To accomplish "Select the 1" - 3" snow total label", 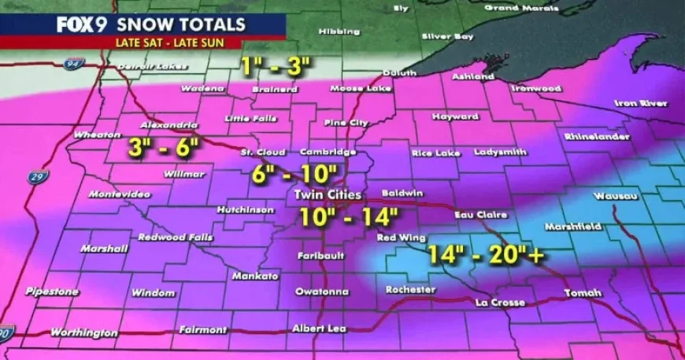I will [274, 67].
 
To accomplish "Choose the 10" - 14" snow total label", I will [349, 216].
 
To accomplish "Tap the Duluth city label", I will [398, 72].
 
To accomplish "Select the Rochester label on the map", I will [410, 289].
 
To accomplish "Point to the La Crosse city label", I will [501, 302].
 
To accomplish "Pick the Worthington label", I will [84, 332].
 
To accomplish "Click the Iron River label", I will [641, 103].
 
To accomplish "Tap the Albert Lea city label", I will [319, 328].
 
